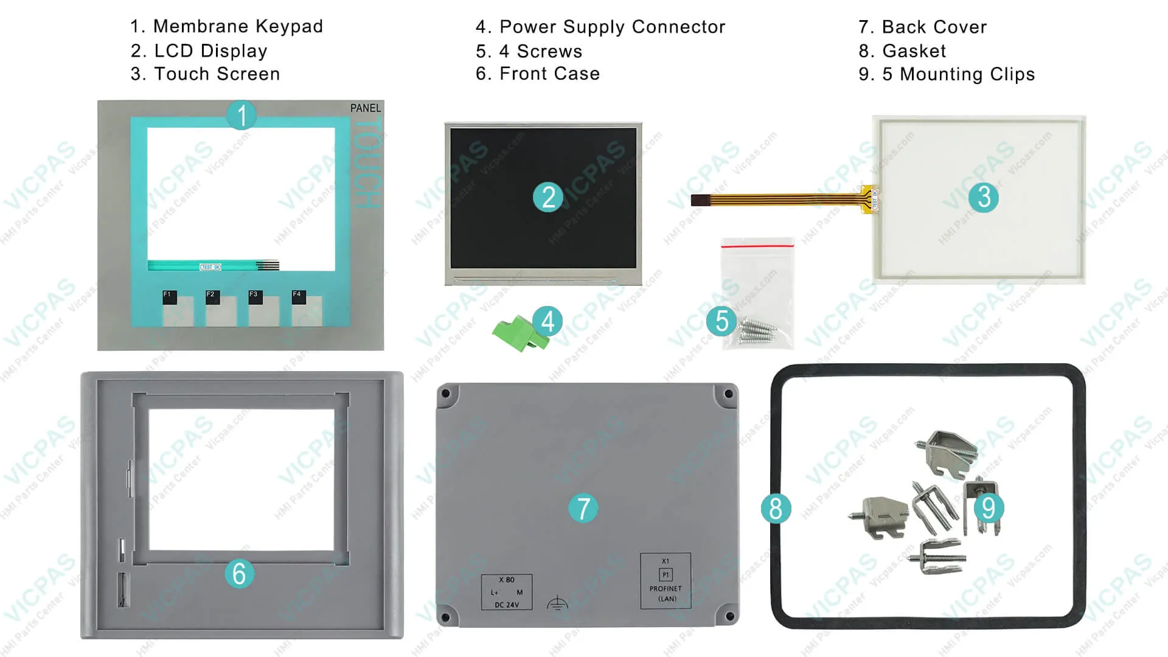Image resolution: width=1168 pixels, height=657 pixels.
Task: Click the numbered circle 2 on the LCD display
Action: (x=548, y=197)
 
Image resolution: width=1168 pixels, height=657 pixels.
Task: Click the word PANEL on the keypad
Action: (x=365, y=108)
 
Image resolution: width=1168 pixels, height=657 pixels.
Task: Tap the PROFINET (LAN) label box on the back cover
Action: (x=666, y=581)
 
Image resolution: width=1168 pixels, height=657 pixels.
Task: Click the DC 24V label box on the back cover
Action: (x=507, y=592)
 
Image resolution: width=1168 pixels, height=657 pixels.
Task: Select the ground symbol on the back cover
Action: (x=557, y=602)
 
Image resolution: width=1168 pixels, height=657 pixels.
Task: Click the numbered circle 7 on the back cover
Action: (x=583, y=509)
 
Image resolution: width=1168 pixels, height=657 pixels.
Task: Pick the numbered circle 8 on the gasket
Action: (x=776, y=509)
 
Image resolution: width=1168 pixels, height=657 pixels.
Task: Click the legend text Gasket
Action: (x=914, y=51)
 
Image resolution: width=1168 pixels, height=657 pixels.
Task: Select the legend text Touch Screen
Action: (x=217, y=74)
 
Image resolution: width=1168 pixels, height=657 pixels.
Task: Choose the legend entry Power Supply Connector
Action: (x=612, y=27)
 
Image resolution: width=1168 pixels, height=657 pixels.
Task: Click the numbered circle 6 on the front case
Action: (x=239, y=574)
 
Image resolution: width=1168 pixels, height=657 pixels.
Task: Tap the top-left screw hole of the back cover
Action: (x=446, y=394)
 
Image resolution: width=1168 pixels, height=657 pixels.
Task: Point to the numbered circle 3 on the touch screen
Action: (x=984, y=197)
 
